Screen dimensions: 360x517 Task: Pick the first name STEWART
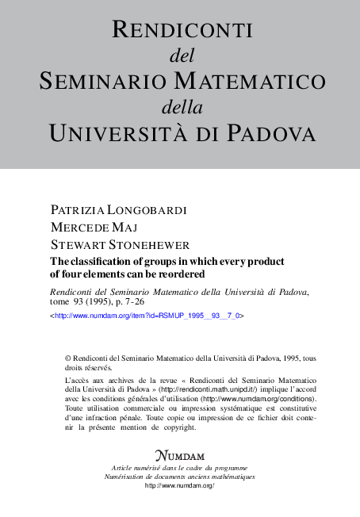pyautogui.click(x=78, y=243)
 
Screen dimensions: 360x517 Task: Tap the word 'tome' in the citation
pyautogui.click(x=62, y=302)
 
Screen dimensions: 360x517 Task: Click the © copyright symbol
pyautogui.click(x=68, y=357)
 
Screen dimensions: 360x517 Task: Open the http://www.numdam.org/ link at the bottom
pyautogui.click(x=180, y=485)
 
